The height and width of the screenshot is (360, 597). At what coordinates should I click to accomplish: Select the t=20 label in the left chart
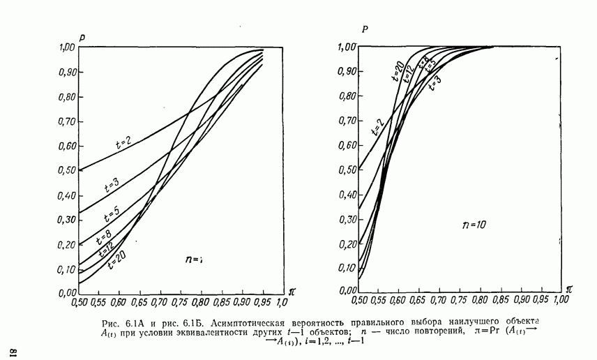coord(116,260)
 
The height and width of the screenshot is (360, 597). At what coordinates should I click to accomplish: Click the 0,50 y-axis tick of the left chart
coord(66,170)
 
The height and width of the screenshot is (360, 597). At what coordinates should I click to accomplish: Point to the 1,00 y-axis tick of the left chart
coord(67,47)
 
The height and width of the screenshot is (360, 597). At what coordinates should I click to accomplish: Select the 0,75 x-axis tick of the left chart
coord(180,303)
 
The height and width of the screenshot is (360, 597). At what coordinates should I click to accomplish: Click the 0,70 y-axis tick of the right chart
coord(345,120)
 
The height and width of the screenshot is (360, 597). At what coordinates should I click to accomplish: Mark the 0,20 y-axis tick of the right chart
coord(345,243)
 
